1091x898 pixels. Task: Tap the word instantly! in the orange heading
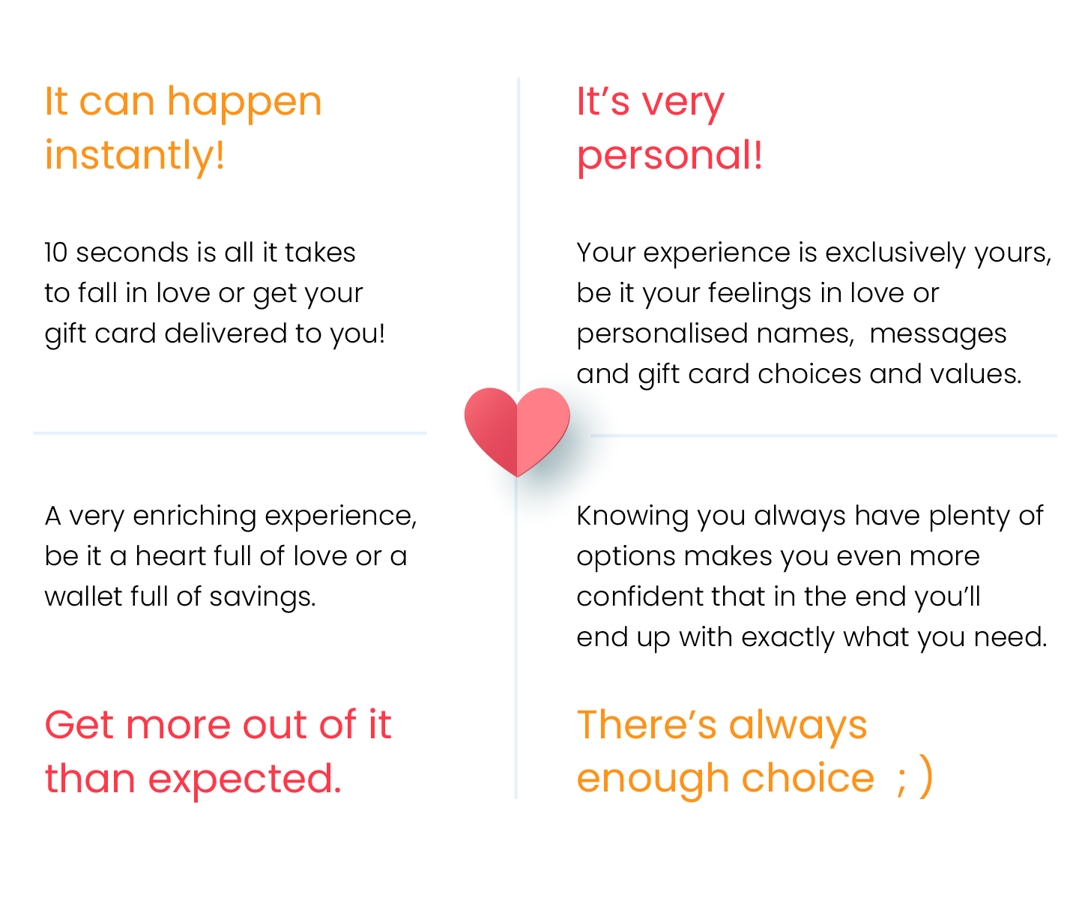pyautogui.click(x=135, y=156)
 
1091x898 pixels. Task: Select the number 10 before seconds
pyautogui.click(x=56, y=253)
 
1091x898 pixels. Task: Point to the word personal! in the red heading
pyautogui.click(x=670, y=156)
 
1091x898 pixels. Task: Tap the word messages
pyautogui.click(x=938, y=334)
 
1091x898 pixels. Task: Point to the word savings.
pyautogui.click(x=262, y=597)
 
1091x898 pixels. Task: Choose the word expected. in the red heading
pyautogui.click(x=244, y=780)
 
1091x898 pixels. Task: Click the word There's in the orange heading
pyautogui.click(x=647, y=726)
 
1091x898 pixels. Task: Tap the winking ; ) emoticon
pyautogui.click(x=914, y=778)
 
